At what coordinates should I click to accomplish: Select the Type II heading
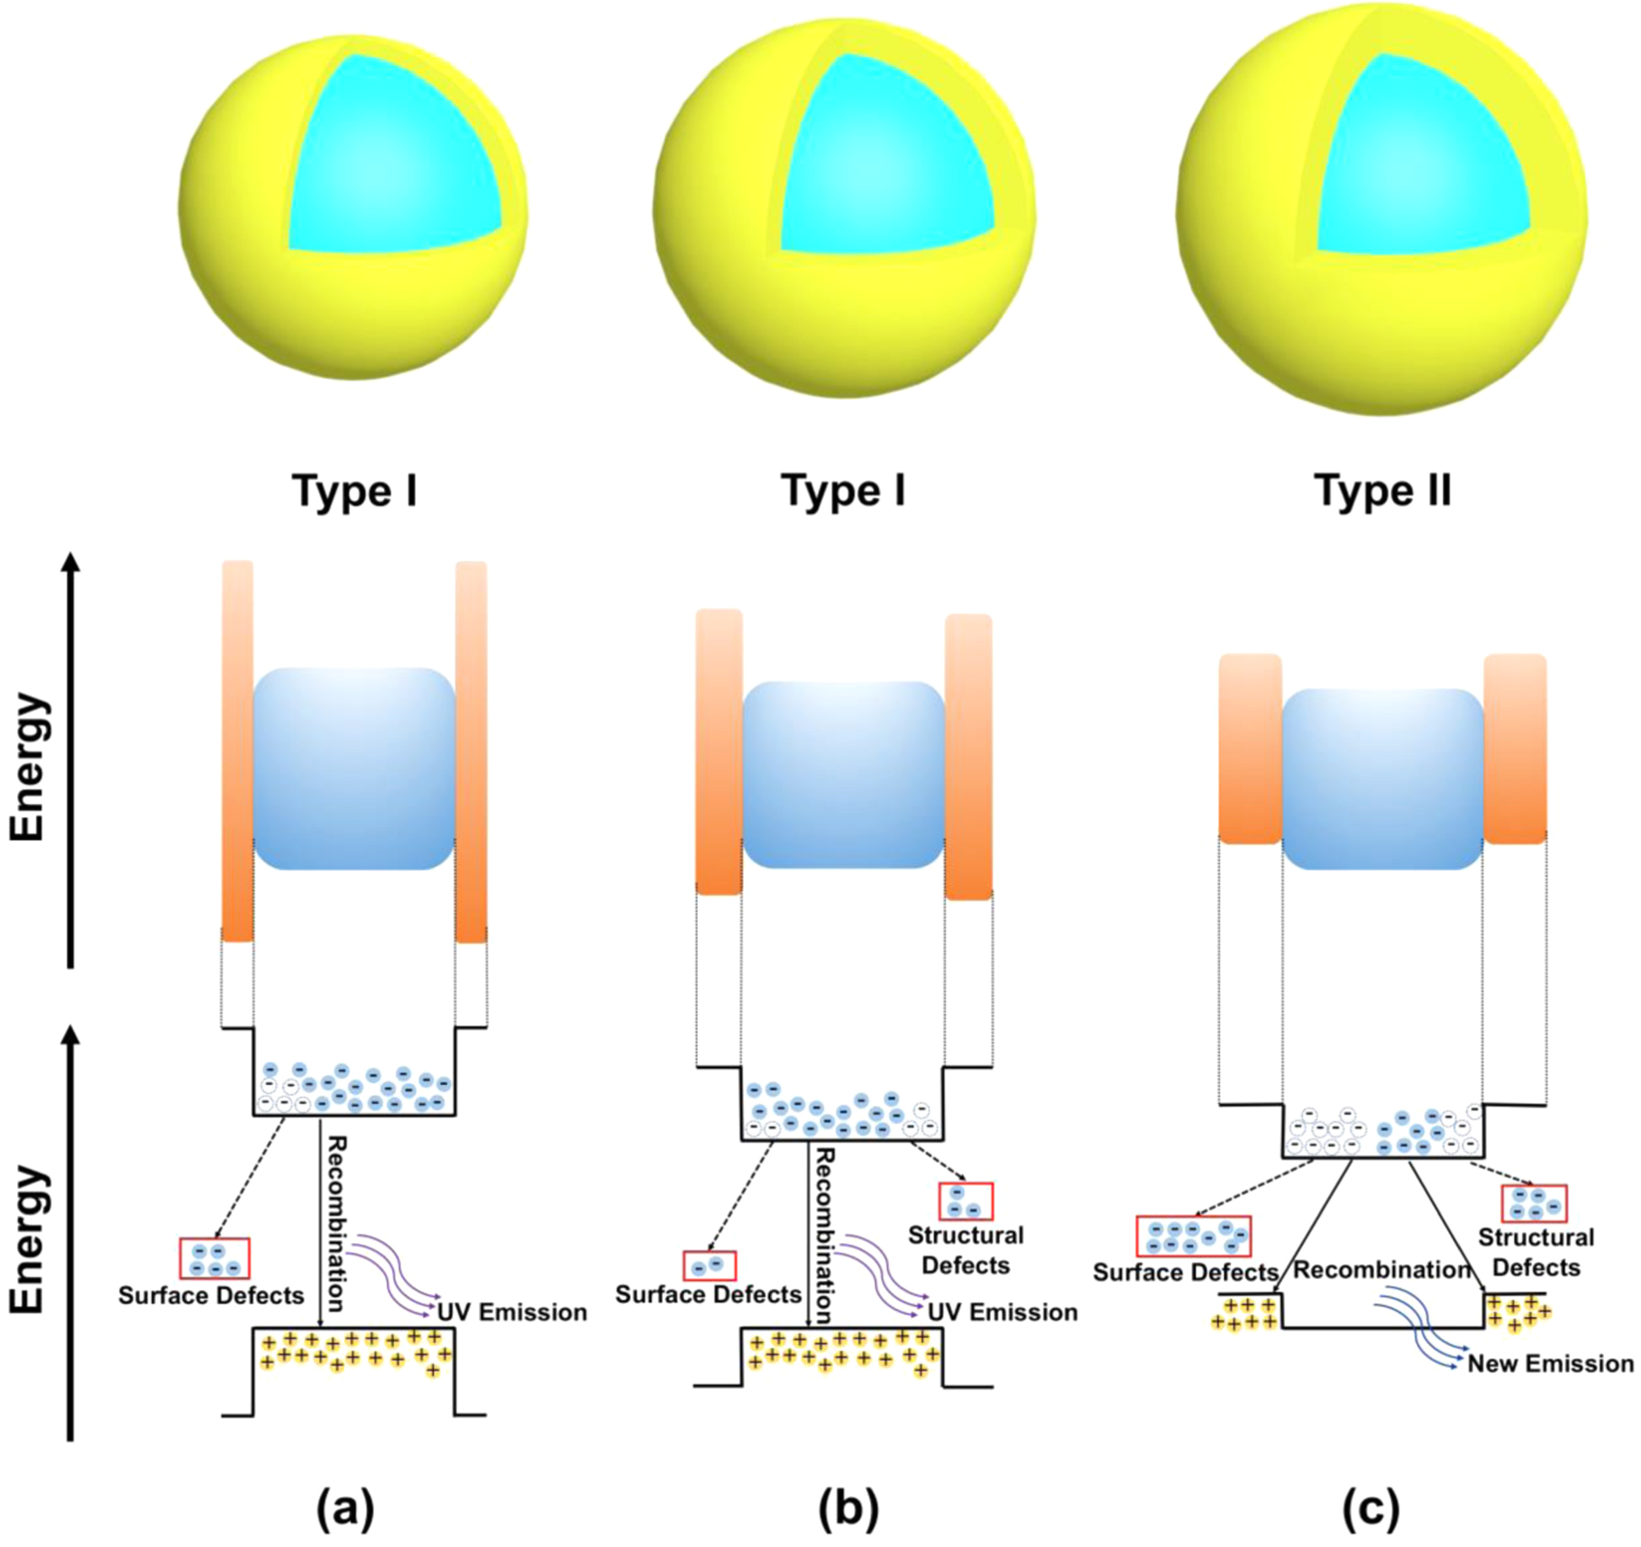(1382, 492)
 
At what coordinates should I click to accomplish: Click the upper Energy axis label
(27, 767)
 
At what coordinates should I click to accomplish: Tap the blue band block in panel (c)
(1382, 778)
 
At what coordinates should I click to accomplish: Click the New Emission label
(1549, 1363)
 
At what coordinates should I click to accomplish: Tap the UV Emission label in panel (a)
(512, 1312)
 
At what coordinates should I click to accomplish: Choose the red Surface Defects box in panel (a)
(215, 1258)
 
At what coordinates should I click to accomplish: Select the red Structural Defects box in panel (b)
(966, 1202)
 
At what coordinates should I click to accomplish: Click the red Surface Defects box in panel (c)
(1193, 1236)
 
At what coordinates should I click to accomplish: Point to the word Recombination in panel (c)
(1382, 1270)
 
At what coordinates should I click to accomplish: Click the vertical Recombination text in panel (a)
(335, 1222)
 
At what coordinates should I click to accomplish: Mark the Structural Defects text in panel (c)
(1536, 1252)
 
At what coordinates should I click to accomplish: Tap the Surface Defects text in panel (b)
(708, 1294)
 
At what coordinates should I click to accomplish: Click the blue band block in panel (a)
(353, 769)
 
